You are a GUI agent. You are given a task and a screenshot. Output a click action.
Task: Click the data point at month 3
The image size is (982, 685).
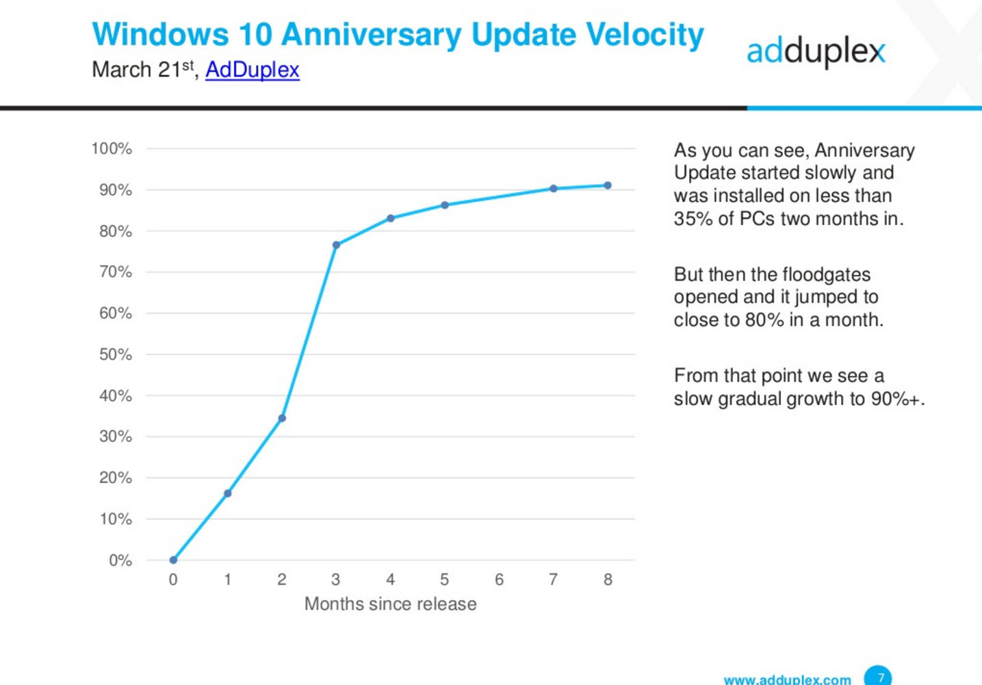[x=336, y=245]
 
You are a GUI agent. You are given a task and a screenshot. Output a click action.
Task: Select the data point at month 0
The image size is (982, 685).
[x=173, y=560]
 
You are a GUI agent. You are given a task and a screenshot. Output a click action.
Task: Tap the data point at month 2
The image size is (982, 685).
[x=282, y=418]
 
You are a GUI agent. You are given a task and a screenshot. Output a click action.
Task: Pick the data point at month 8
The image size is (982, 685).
[x=608, y=185]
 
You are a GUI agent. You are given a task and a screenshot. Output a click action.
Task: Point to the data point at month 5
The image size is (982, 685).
[x=445, y=205]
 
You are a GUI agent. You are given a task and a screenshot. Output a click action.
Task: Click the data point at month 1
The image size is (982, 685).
[x=228, y=493]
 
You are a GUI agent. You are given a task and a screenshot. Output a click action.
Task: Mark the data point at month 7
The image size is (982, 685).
[x=554, y=189]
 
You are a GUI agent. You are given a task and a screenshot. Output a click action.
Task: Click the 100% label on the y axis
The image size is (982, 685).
[x=112, y=148]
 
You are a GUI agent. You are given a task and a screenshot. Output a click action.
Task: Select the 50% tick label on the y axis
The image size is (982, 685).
[x=115, y=354]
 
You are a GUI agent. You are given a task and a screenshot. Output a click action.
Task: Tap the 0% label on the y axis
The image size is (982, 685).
[x=120, y=560]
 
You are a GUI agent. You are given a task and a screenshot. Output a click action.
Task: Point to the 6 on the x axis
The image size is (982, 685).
[x=499, y=580]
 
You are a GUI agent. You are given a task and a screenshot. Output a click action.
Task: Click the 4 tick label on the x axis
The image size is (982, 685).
[x=390, y=580]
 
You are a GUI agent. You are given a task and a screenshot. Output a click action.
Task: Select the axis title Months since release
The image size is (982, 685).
[x=390, y=604]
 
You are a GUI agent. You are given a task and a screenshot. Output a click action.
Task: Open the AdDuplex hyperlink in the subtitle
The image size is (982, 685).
[x=252, y=70]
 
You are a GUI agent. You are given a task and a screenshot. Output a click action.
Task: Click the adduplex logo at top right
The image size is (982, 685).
[x=816, y=51]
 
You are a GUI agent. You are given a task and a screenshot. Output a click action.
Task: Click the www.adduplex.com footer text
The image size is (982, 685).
[x=787, y=680]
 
